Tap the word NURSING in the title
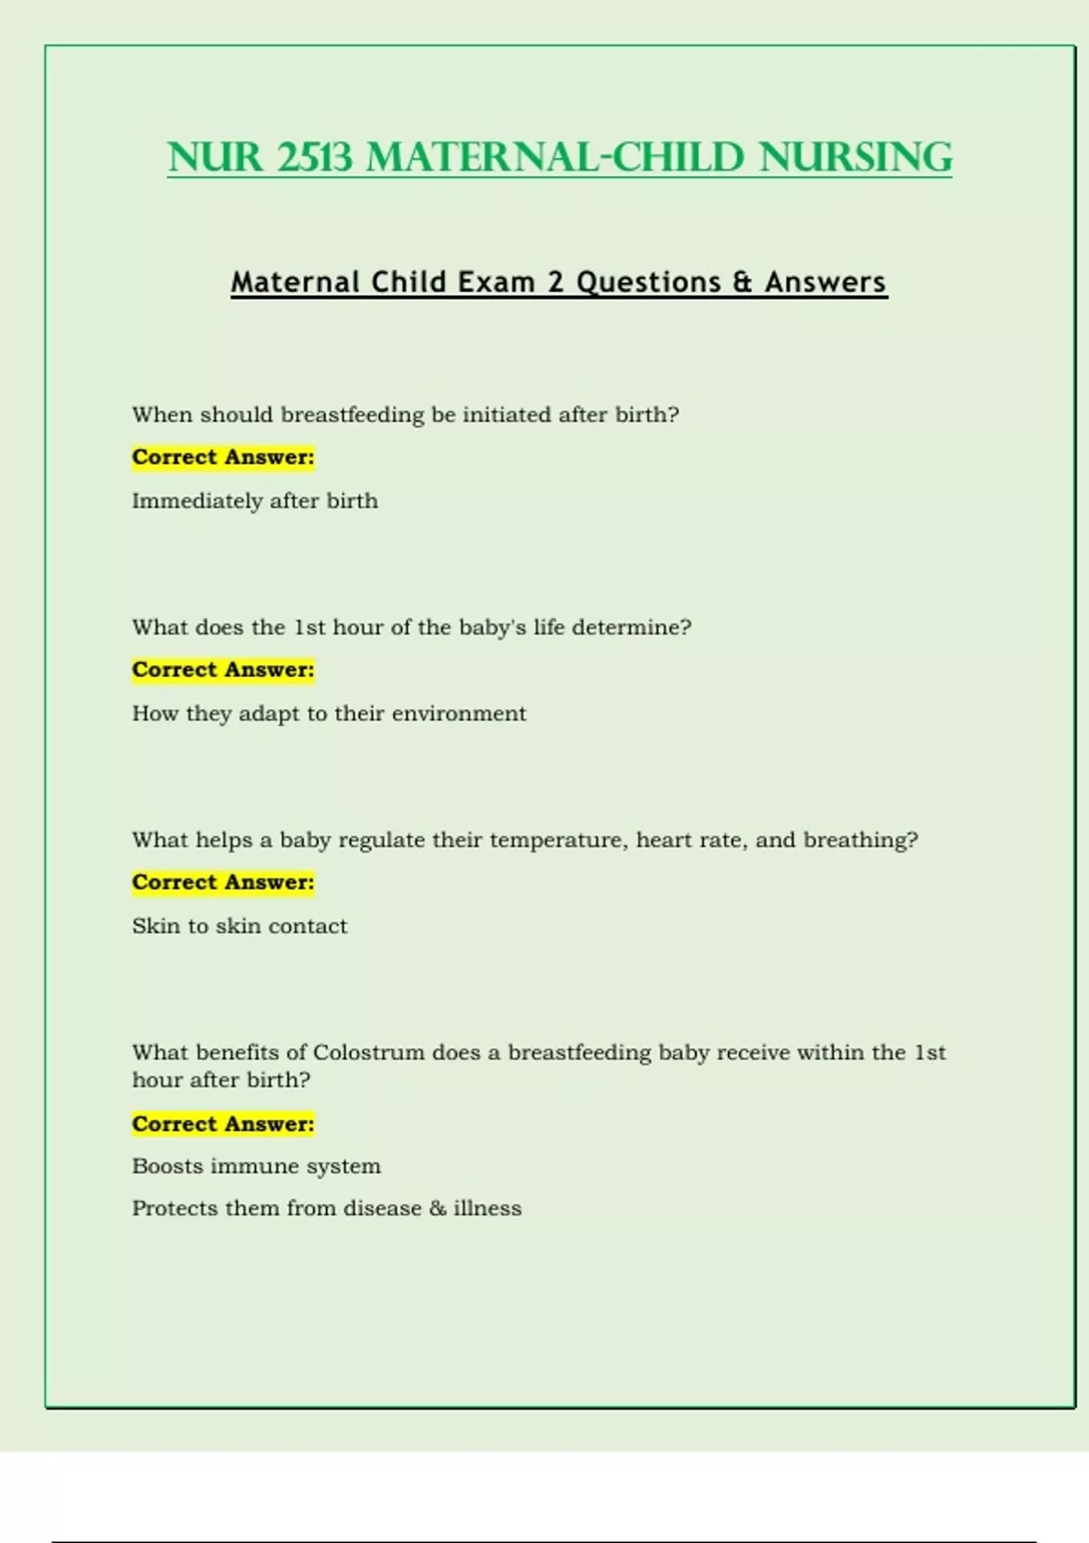(856, 157)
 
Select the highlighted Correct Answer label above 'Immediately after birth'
(223, 457)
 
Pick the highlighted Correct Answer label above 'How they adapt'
(223, 670)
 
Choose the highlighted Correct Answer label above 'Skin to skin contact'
(223, 882)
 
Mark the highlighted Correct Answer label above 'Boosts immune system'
(223, 1124)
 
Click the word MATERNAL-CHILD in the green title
(555, 157)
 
